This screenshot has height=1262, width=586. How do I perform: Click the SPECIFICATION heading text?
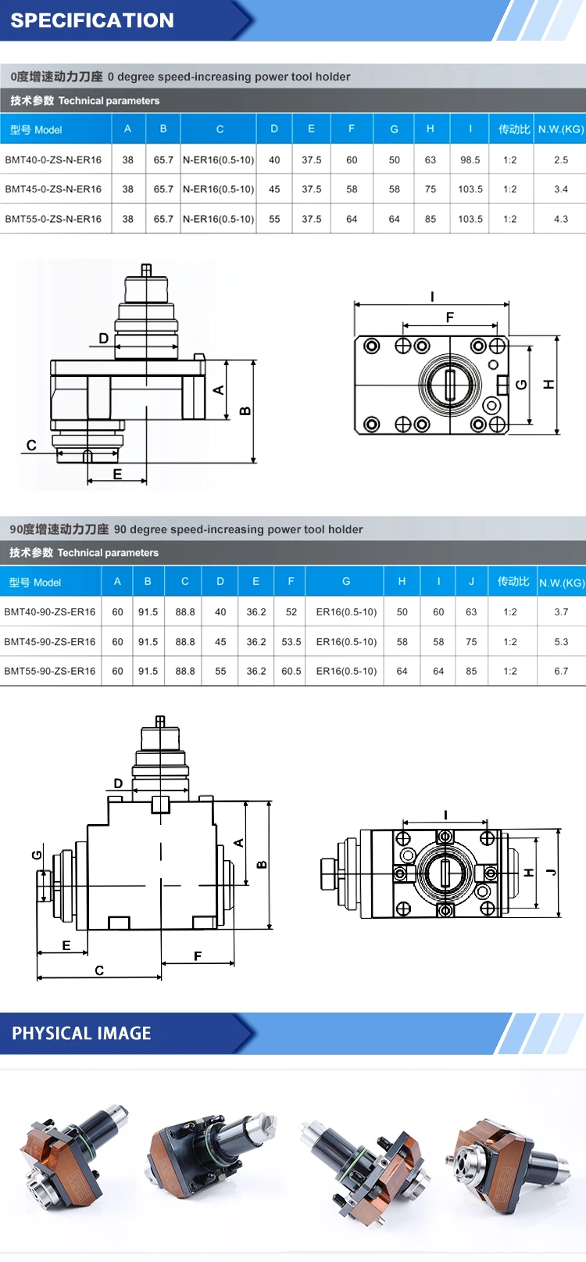coord(92,20)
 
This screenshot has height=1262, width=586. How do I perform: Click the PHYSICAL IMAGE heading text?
coord(81,1033)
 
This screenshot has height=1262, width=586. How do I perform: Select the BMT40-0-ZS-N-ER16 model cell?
coord(53,160)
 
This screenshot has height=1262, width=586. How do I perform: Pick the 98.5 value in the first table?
coord(470,160)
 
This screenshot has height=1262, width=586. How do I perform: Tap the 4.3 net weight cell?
coord(560,219)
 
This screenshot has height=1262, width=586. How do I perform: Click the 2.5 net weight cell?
coord(560,160)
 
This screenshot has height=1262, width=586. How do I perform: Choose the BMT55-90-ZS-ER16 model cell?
coord(50,671)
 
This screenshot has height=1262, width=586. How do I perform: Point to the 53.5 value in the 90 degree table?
coord(291,641)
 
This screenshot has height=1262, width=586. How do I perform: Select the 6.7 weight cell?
coord(560,671)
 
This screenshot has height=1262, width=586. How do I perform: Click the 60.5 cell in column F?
coord(291,671)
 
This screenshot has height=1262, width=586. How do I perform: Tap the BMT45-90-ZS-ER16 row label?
coord(50,641)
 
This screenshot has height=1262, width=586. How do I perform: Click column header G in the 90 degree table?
coord(345,581)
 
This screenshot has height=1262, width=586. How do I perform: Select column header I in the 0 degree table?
coord(470,129)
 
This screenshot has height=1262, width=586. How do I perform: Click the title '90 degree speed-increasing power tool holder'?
coord(238,529)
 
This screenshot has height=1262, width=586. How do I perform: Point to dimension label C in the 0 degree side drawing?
coord(31,445)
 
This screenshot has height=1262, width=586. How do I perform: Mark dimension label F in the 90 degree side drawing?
coord(198,955)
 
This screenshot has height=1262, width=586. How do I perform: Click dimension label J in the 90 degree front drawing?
coord(552,872)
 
